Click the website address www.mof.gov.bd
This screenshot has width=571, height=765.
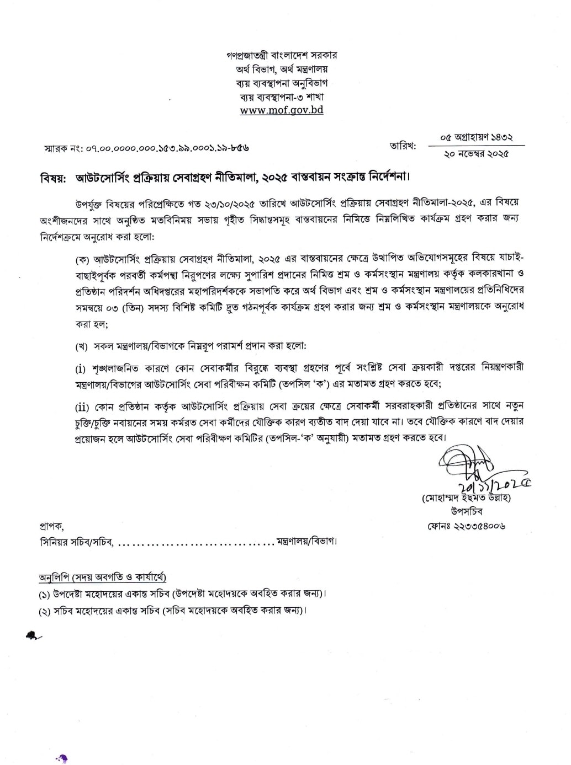click(282, 110)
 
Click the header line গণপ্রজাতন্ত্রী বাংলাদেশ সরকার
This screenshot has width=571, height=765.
click(282, 55)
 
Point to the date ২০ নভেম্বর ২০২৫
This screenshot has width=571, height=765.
click(476, 154)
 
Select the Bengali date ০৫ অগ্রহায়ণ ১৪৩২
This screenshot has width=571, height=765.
click(476, 137)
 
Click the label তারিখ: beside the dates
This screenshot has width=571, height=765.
click(403, 146)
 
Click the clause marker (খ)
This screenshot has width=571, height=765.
click(82, 346)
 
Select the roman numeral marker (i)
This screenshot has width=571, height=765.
click(81, 368)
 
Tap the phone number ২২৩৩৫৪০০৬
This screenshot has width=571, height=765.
click(466, 526)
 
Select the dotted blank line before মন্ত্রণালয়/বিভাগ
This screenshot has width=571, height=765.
click(195, 542)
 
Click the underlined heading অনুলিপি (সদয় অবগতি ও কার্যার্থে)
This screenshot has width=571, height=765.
click(103, 577)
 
